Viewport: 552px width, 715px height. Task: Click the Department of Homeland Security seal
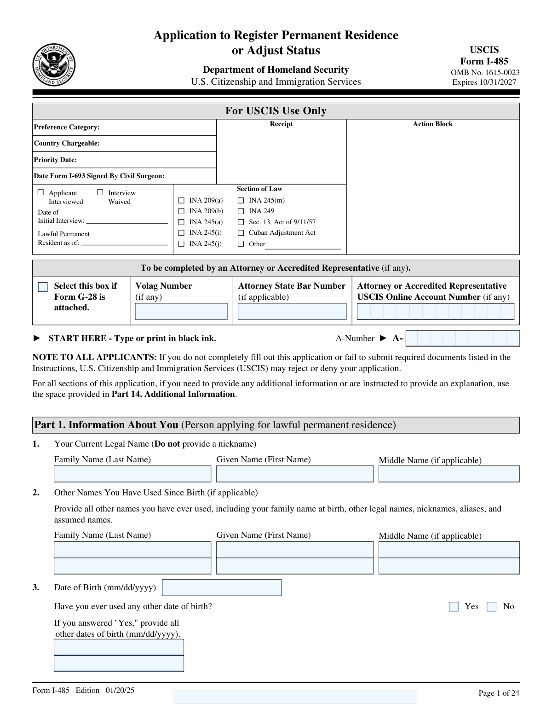[x=54, y=65]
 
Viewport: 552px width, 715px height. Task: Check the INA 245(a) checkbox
[x=181, y=222]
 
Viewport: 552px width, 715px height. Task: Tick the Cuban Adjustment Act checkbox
[x=241, y=233]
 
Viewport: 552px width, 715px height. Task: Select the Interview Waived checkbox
[x=100, y=192]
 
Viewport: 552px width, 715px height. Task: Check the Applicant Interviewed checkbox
[x=41, y=192]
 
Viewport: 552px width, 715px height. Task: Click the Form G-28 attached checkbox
[x=43, y=287]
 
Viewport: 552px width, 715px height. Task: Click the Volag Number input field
[x=181, y=312]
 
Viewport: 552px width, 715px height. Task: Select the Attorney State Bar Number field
[x=292, y=312]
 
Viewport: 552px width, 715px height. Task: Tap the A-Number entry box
[x=462, y=339]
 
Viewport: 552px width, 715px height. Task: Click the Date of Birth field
[x=222, y=588]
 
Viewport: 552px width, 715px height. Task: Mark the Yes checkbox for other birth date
[x=454, y=607]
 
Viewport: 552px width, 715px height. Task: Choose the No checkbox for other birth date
[x=492, y=607]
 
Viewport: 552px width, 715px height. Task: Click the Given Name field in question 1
[x=295, y=474]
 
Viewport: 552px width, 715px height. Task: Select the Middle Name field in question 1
[x=449, y=474]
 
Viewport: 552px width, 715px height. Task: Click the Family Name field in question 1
[x=132, y=474]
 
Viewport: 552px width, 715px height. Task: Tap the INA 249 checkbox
[x=241, y=211]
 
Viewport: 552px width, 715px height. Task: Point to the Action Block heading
[x=432, y=124]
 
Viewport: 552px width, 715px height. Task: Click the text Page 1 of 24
[x=499, y=693]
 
